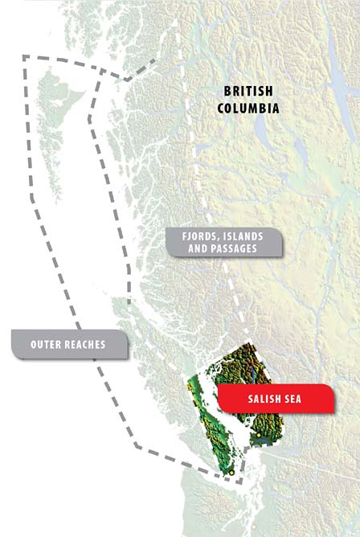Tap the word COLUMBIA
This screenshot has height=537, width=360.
248,107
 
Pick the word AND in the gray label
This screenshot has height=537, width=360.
186,249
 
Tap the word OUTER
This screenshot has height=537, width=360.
49,344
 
